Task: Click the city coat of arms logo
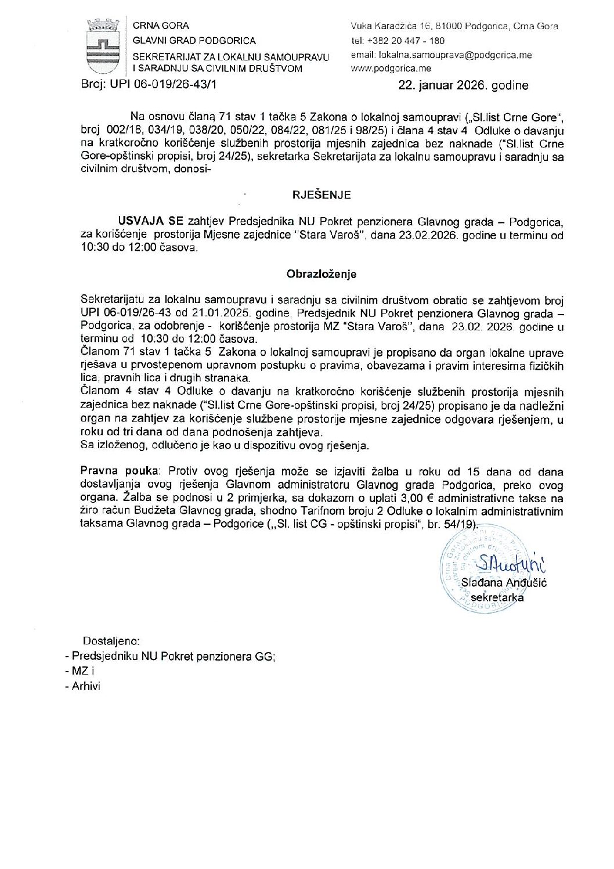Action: coord(103,46)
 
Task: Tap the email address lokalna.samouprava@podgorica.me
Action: coord(441,55)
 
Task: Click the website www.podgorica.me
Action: coord(391,68)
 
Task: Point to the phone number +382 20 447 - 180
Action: coord(406,41)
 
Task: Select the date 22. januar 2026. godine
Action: coord(463,85)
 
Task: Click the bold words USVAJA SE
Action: coord(151,222)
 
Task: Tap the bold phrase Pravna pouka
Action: coord(122,471)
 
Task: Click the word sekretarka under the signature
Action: coord(497,597)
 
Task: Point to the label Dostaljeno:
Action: coord(111,641)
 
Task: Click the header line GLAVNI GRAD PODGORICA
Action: coord(194,41)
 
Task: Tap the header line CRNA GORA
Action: coord(161,26)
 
